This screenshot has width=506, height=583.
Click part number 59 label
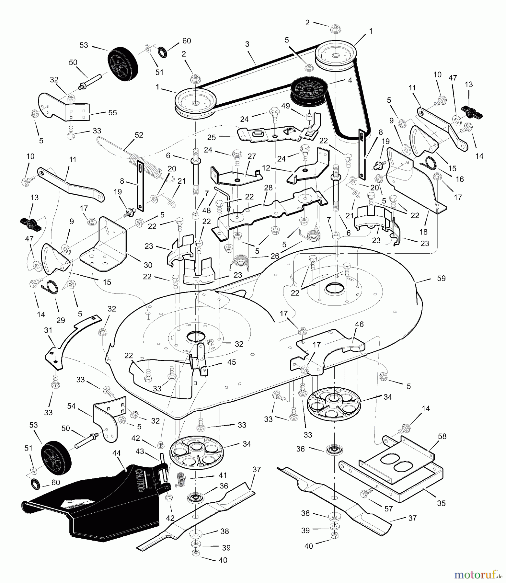441,278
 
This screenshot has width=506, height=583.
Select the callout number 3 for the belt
247,44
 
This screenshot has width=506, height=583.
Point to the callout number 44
116,453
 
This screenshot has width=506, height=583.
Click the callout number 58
442,436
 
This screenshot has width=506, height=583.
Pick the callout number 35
441,503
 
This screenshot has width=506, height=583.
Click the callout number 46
359,324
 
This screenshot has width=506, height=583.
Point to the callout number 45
232,362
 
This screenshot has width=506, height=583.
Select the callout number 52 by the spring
139,135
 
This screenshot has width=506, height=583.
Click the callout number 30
148,265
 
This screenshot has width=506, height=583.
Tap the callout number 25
211,137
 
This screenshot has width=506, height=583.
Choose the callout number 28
268,188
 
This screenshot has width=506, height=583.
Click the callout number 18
423,232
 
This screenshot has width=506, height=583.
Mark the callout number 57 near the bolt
388,509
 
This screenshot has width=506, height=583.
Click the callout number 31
48,330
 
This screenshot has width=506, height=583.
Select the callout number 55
113,112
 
